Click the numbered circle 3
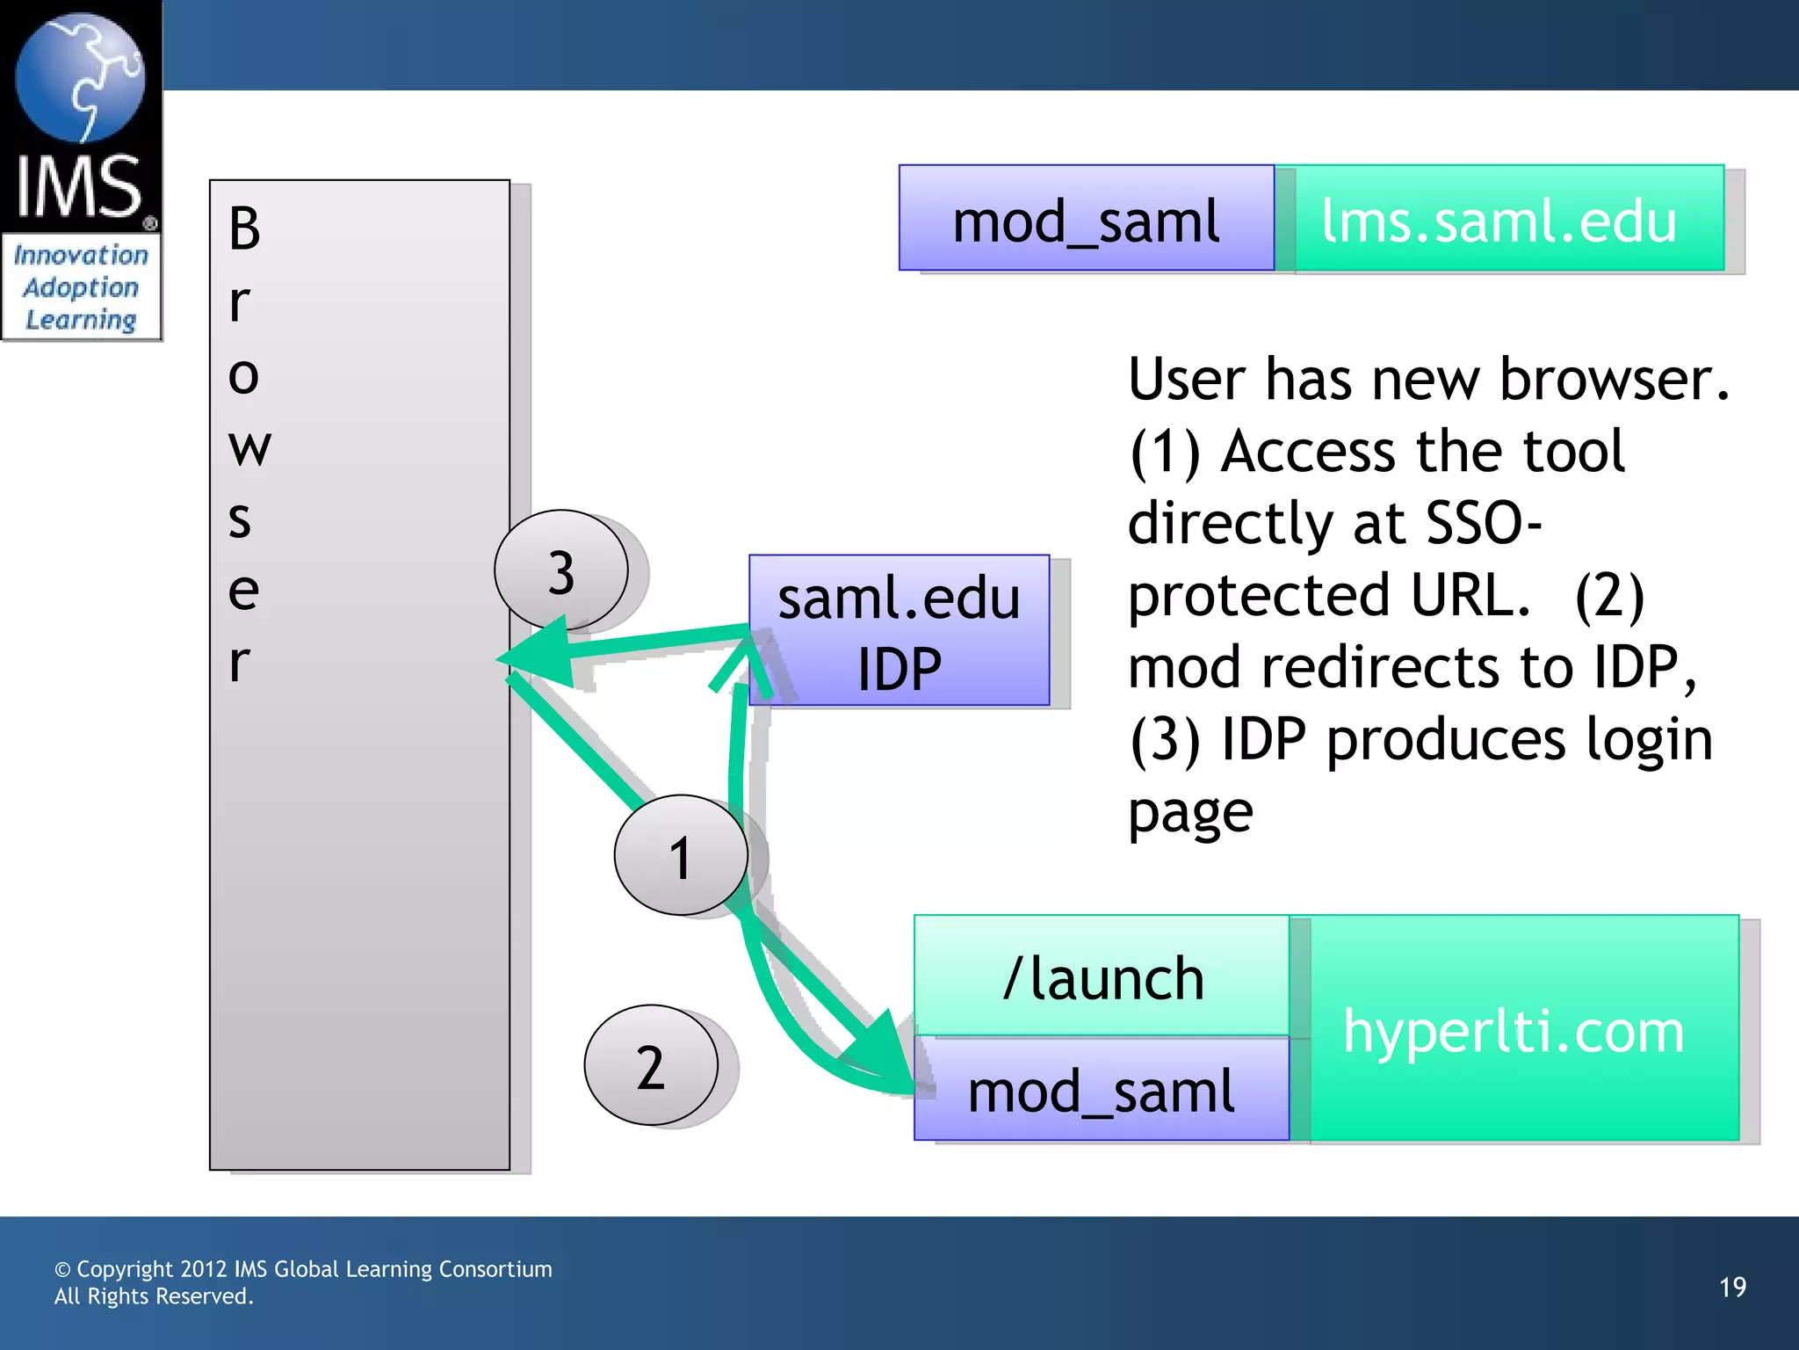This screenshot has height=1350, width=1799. (560, 570)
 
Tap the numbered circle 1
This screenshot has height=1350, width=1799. (681, 854)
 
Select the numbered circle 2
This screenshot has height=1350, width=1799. (651, 1065)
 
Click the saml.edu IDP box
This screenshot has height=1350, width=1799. (899, 630)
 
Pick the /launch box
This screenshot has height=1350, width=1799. (1102, 976)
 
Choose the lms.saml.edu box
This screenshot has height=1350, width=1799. (1499, 219)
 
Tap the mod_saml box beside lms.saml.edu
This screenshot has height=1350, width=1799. (1086, 219)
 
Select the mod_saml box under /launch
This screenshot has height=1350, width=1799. (1102, 1090)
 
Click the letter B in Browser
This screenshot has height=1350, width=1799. (244, 229)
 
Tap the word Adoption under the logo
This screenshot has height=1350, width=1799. (81, 288)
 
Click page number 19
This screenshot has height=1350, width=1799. (1732, 1287)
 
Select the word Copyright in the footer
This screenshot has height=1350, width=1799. (125, 1269)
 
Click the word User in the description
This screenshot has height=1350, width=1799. (1186, 380)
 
